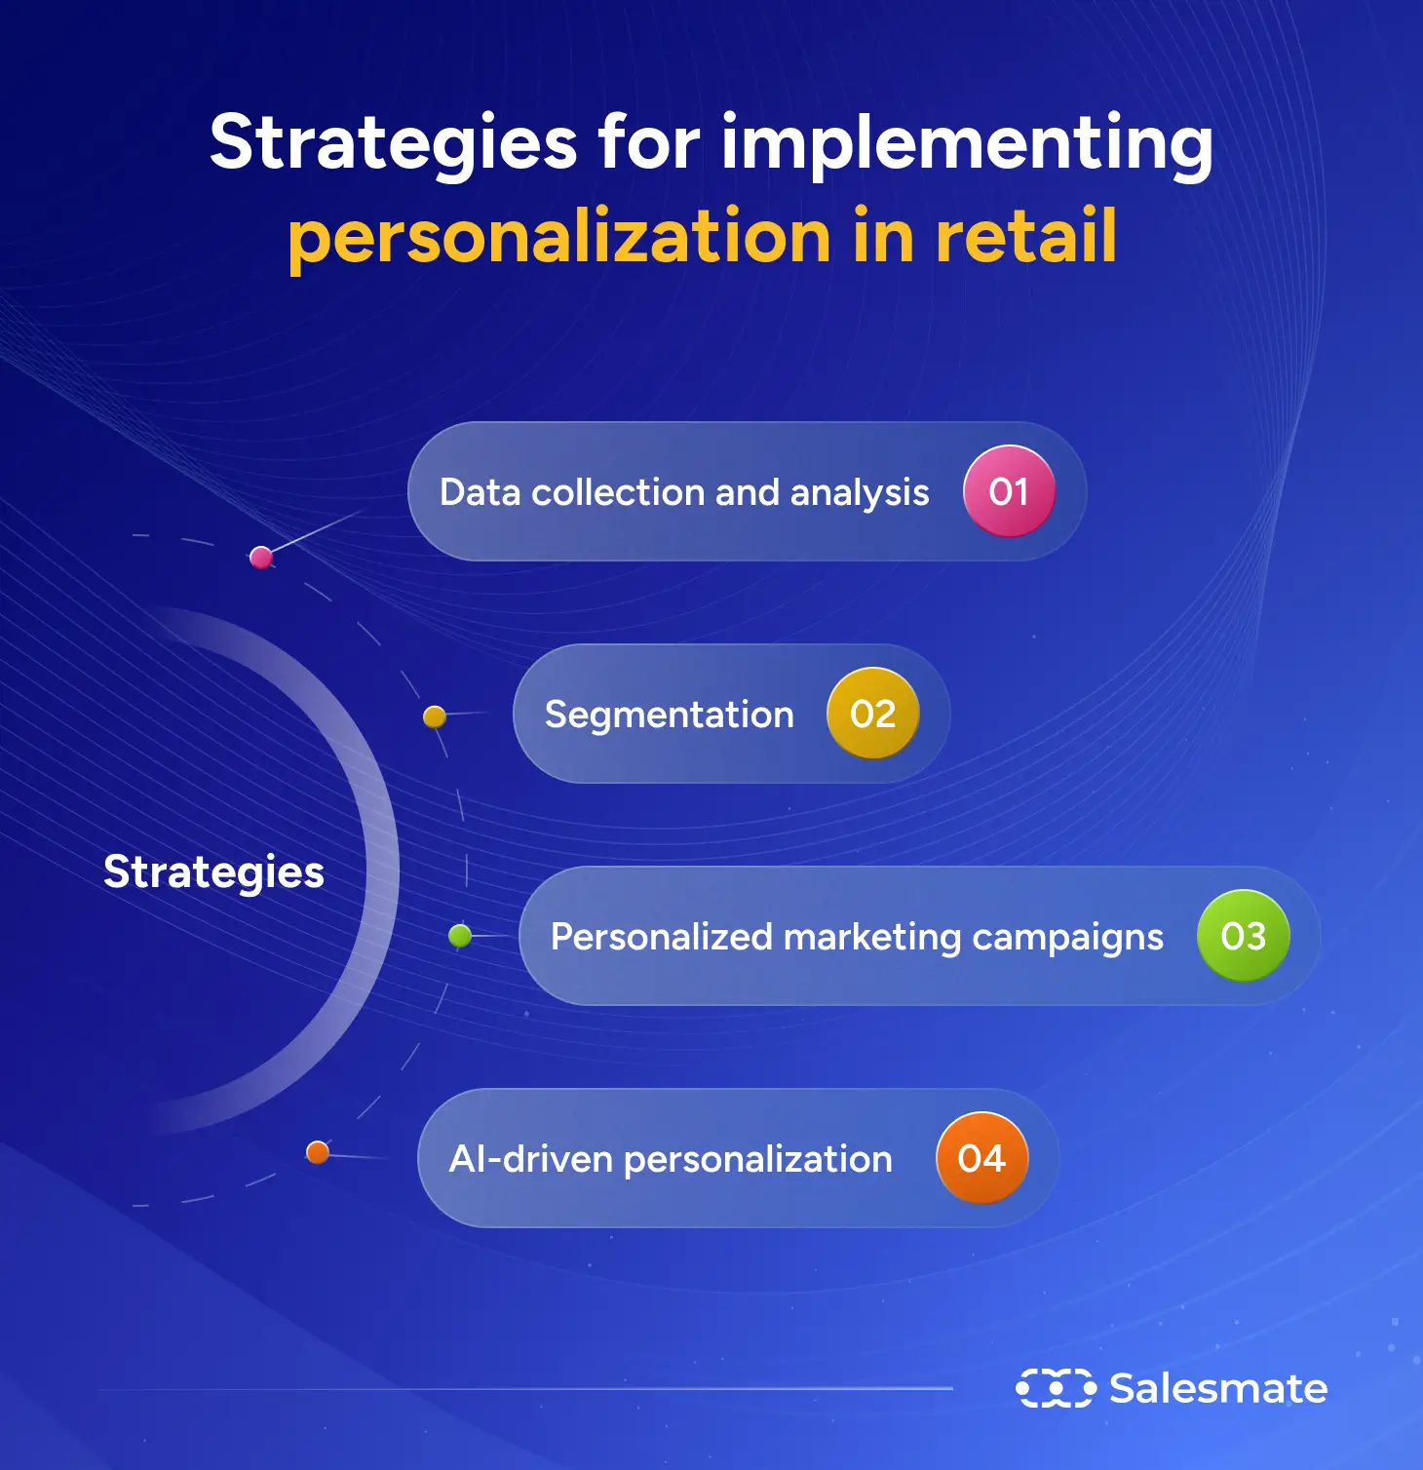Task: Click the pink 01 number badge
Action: coord(1009,491)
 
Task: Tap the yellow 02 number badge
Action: coord(872,714)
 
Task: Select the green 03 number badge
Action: coord(1243,936)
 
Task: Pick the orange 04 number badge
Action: coord(981,1158)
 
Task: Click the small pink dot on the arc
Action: coord(261,558)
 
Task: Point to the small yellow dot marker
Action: coord(435,717)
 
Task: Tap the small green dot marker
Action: coord(460,937)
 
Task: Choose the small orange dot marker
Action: coord(318,1153)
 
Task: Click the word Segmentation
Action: coord(669,715)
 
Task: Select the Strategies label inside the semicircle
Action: coord(213,871)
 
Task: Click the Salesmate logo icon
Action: coord(1056,1388)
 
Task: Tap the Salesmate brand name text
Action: coord(1218,1388)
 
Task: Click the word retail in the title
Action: coord(1025,237)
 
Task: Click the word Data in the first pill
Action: coord(480,492)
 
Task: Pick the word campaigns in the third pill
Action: coord(1067,938)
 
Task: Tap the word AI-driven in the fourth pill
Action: coord(530,1159)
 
